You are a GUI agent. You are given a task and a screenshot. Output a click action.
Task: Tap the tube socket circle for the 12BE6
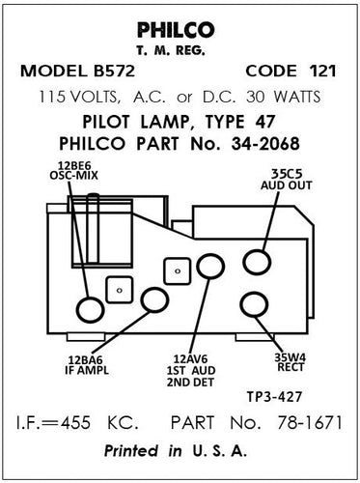tap(91, 309)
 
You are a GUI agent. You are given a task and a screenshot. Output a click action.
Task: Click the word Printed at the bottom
tap(140, 451)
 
